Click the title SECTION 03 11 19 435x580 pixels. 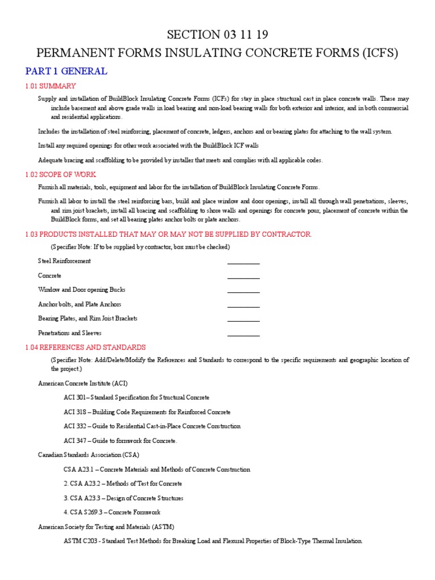tap(217, 35)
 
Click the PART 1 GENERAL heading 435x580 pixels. tap(66, 71)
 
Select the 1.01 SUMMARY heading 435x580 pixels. tap(50, 86)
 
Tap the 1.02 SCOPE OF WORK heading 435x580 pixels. tap(61, 174)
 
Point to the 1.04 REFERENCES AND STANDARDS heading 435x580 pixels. tap(86, 347)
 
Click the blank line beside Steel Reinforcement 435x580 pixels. tap(244, 262)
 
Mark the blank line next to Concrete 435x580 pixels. tap(244, 276)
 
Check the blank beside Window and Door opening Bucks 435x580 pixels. tap(244, 291)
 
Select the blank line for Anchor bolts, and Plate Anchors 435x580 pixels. tap(244, 305)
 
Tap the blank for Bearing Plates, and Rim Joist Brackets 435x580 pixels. tap(244, 319)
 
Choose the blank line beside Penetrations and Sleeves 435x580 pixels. tap(244, 334)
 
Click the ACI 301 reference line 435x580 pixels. tap(137, 398)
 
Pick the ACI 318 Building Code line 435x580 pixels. tap(147, 412)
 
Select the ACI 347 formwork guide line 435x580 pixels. tap(120, 441)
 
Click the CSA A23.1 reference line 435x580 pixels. tap(157, 470)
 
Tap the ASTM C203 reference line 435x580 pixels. tap(213, 541)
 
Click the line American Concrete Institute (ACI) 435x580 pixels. tap(83, 383)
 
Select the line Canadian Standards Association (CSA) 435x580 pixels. tap(88, 455)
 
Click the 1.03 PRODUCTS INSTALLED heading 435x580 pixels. tap(168, 234)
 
